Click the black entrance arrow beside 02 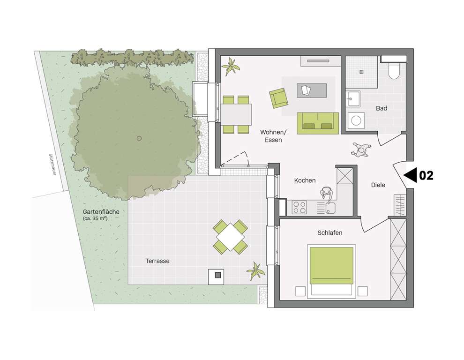tap(411, 175)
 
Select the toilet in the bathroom tap(393, 70)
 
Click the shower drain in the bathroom tap(361, 72)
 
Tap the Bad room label tap(382, 108)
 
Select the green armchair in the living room tap(278, 97)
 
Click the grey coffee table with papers tap(311, 90)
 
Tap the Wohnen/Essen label tap(273, 136)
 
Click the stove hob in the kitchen tap(299, 206)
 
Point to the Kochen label tap(305, 180)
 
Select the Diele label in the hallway tap(378, 185)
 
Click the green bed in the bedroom tap(331, 266)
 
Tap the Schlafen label tap(329, 232)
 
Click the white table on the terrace tap(230, 237)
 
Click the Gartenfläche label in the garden tap(100, 211)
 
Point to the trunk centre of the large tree tap(139, 138)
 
